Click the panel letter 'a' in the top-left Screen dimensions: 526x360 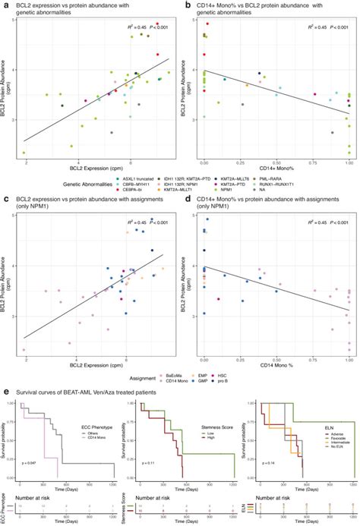(5, 5)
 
